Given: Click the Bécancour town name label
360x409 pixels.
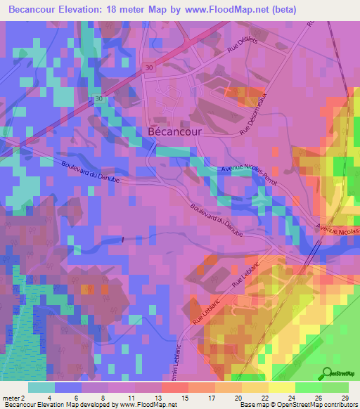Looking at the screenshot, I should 175,131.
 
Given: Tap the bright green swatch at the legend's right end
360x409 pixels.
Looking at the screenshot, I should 335,387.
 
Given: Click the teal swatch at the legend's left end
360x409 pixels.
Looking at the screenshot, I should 41,387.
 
